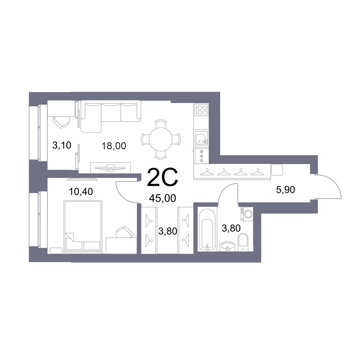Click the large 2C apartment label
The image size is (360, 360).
[163, 177]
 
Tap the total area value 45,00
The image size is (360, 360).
[162, 198]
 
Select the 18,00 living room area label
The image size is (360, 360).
[114, 146]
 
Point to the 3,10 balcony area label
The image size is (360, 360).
[62, 145]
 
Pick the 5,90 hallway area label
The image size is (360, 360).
[286, 190]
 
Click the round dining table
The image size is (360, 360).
[161, 139]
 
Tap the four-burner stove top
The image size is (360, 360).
[201, 110]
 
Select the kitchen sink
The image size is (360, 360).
[201, 138]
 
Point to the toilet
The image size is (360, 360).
[243, 242]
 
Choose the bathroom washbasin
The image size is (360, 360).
[227, 246]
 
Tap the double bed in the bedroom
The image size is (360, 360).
[83, 227]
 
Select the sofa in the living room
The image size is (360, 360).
[111, 116]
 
